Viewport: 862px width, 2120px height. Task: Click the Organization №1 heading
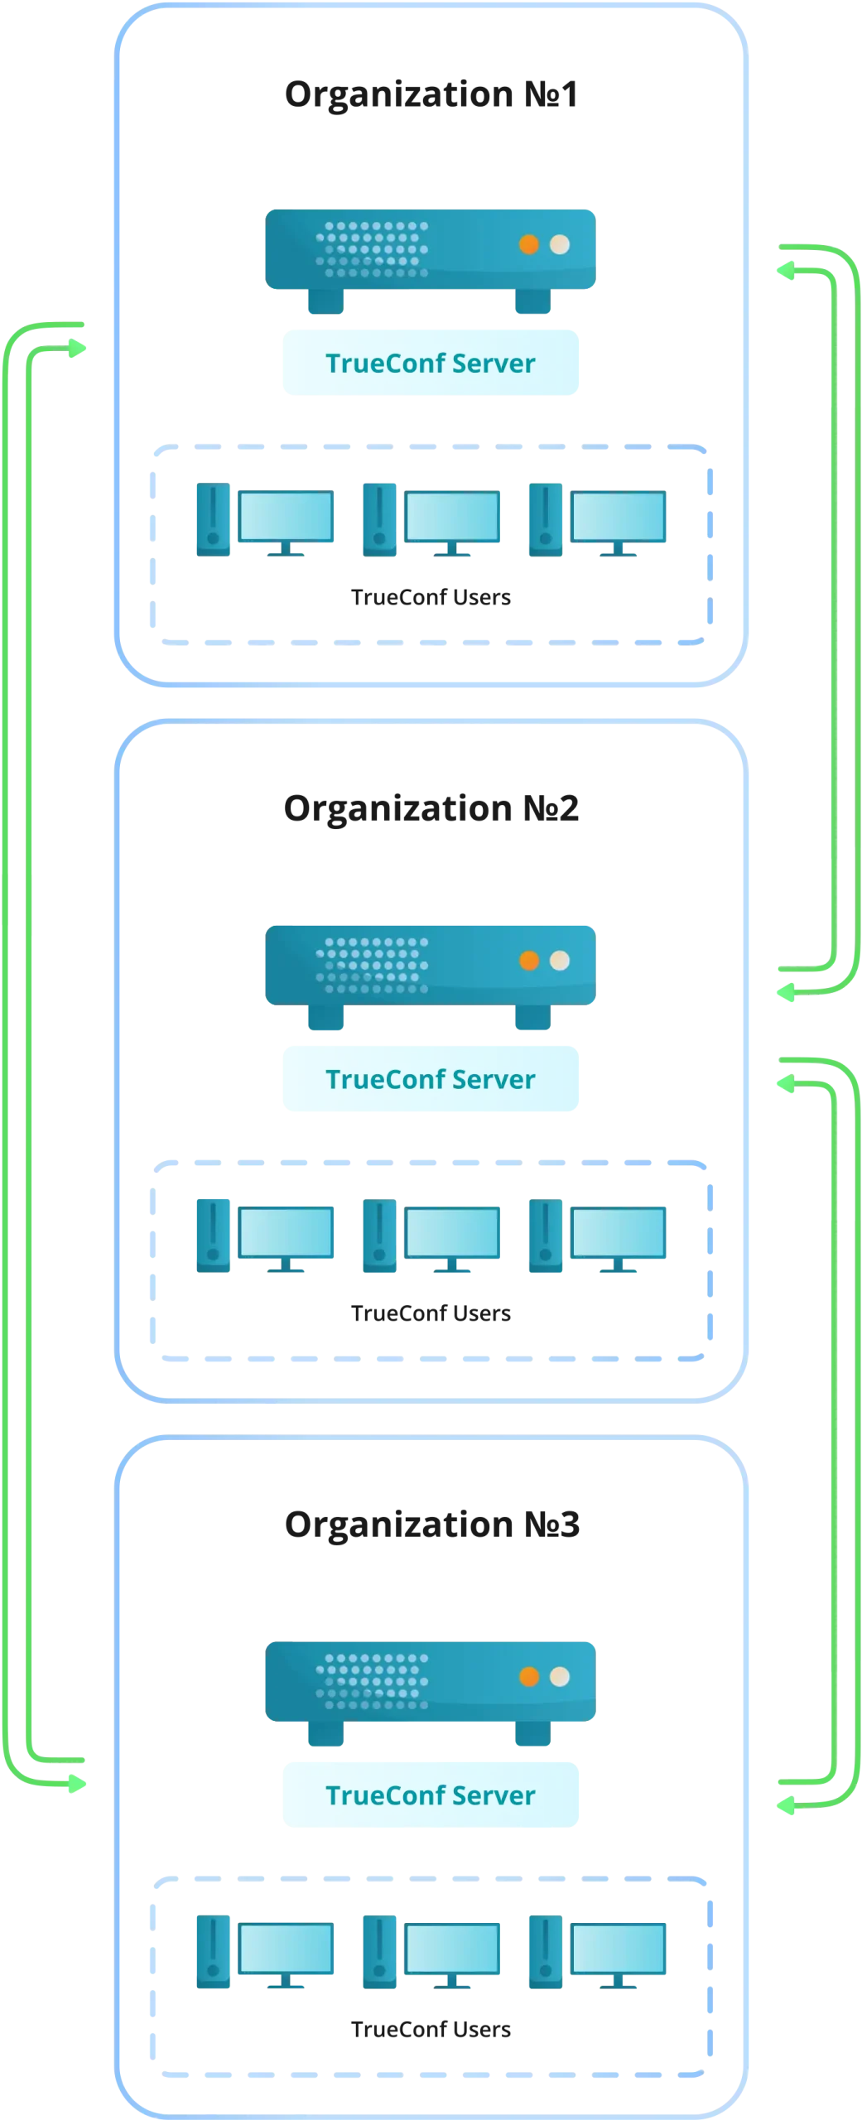431,94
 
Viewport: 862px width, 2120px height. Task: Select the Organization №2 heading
431,809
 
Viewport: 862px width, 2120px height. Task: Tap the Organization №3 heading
431,1525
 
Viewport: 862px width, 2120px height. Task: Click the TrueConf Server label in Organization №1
431,363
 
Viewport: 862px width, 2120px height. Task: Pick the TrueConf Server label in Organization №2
431,1079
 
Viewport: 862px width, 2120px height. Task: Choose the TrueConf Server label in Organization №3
431,1795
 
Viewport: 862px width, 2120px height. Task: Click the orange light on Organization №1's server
529,244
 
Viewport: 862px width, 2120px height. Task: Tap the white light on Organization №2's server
560,960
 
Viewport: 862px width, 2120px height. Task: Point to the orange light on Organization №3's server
529,1676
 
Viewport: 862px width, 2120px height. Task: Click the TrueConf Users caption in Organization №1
431,597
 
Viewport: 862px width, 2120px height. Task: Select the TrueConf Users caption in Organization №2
431,1313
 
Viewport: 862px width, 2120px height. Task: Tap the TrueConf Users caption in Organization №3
431,2029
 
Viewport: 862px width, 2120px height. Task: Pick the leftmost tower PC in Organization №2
213,1236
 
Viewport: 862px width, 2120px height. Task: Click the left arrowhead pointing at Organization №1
77,348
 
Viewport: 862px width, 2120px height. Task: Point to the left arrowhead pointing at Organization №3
77,1783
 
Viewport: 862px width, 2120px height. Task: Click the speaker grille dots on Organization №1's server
373,249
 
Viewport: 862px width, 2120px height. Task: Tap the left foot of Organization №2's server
326,1017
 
